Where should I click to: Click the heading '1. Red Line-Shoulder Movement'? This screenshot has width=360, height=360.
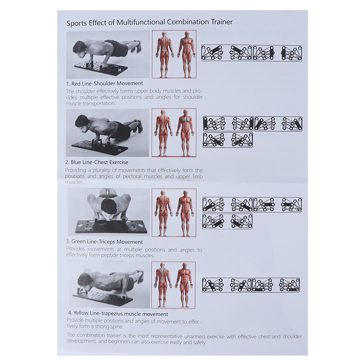tap(104, 83)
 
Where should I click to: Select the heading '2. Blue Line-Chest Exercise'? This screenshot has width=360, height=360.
tap(97, 162)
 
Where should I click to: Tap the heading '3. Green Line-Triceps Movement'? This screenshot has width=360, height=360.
tap(104, 242)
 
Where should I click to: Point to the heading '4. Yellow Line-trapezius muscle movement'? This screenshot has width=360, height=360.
tap(118, 313)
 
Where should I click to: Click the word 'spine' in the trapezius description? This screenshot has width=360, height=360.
tap(117, 327)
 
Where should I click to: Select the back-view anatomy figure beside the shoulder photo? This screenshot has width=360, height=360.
tap(164, 54)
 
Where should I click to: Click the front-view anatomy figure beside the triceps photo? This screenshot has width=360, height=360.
tap(185, 213)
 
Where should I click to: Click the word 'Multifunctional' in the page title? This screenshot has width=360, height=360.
tap(141, 22)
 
